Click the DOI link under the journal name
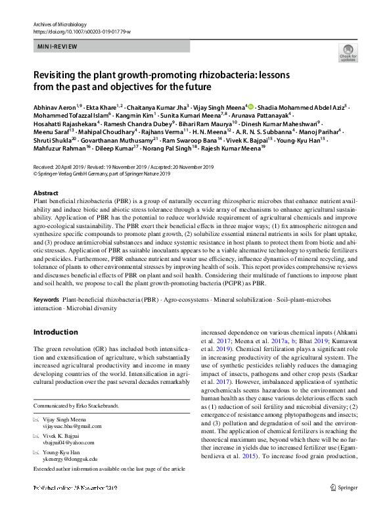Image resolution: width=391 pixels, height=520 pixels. pos(76,32)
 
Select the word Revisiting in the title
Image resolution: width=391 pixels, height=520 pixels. pos(57,75)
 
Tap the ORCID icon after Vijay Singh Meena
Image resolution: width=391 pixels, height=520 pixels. pos(250,106)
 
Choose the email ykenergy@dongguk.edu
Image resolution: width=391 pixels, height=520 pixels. pos(74,459)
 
